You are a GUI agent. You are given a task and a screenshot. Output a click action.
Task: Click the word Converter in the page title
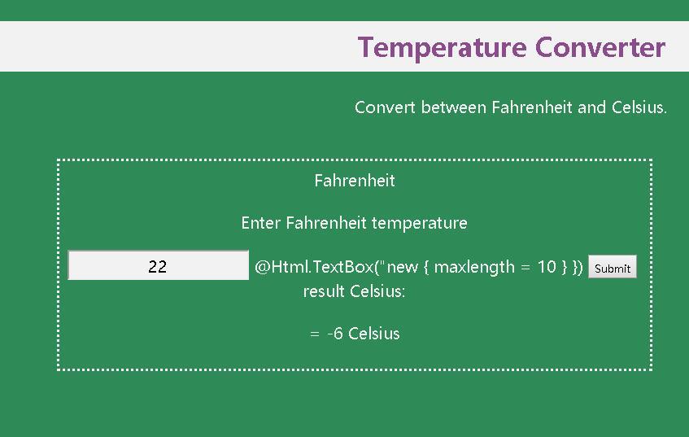[x=600, y=47]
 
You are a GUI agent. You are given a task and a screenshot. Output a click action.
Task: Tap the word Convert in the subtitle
[x=386, y=107]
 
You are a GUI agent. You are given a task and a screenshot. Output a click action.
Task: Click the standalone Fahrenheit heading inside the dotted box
[x=355, y=181]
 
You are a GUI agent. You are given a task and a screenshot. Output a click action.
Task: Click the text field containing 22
[x=159, y=266]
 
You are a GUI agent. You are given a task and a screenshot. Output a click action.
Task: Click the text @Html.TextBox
[x=314, y=267]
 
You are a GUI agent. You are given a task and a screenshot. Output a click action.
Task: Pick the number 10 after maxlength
[x=547, y=267]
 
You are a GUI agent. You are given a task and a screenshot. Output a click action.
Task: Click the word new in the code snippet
[x=403, y=267]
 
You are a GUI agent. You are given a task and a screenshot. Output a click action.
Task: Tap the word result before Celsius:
[x=324, y=291]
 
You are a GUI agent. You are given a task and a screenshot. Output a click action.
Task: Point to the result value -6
[x=335, y=334]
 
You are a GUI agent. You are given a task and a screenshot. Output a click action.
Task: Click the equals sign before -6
[x=315, y=334]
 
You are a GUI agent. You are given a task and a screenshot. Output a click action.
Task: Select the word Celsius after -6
[x=374, y=334]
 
